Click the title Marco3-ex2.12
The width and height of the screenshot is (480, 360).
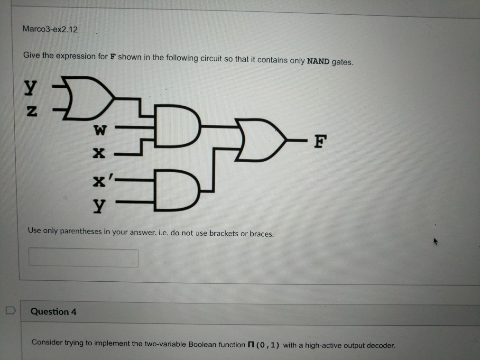(x=50, y=29)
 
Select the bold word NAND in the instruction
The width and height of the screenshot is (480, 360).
(x=318, y=61)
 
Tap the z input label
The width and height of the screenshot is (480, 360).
(x=30, y=112)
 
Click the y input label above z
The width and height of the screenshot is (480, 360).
(x=30, y=86)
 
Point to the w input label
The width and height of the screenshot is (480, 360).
(x=101, y=129)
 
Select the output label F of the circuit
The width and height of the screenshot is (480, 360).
(x=321, y=142)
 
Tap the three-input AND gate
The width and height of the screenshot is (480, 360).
(x=174, y=128)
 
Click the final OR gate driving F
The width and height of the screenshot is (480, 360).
(x=258, y=141)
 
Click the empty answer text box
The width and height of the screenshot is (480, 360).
(x=83, y=258)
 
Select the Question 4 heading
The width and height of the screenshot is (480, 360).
(x=53, y=312)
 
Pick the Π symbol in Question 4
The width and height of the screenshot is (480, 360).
(x=251, y=344)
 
